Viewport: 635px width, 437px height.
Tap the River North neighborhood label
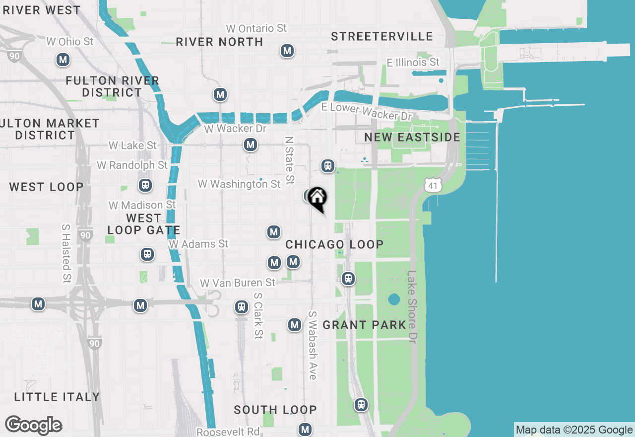[219, 42]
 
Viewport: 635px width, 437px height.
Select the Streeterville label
[382, 37]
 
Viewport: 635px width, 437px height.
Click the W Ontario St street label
[256, 28]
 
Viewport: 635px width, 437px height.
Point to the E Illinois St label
[413, 63]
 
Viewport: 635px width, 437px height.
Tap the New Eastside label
[412, 137]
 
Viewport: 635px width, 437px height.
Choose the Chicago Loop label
[334, 244]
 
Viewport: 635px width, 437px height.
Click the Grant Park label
[364, 325]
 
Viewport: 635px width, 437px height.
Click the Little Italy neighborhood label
[57, 397]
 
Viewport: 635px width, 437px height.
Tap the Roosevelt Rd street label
[228, 432]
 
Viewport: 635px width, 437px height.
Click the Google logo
[34, 426]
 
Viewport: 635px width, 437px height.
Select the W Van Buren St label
[237, 283]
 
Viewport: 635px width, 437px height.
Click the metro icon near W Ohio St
[63, 60]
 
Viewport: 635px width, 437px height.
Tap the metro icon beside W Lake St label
[251, 145]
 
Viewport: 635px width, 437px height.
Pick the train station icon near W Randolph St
[145, 186]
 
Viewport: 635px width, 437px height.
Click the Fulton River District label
[113, 86]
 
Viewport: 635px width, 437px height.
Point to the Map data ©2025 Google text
[574, 430]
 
